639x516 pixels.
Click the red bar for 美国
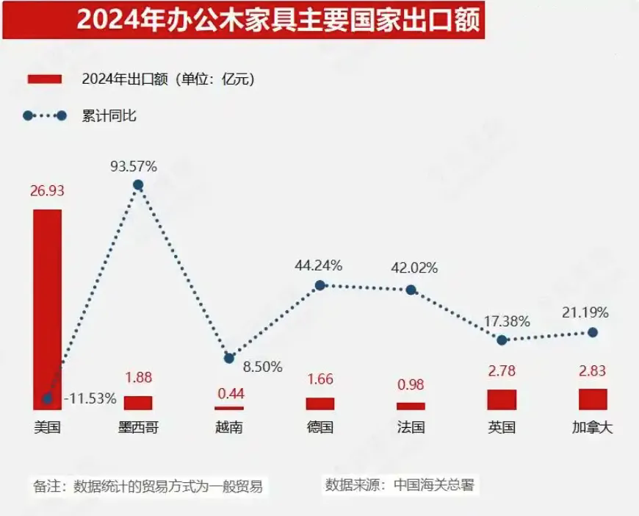(x=48, y=309)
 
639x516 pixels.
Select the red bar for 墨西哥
(x=138, y=403)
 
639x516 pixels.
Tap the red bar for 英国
(x=502, y=400)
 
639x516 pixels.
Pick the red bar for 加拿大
(x=593, y=399)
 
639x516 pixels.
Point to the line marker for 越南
(x=229, y=358)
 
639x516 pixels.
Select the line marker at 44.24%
(x=320, y=285)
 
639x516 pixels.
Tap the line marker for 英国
(x=502, y=340)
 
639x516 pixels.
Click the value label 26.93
(x=48, y=191)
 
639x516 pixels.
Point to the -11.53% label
(x=90, y=399)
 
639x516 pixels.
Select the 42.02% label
(x=414, y=268)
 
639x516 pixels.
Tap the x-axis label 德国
(x=320, y=427)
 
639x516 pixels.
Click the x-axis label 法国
(x=411, y=427)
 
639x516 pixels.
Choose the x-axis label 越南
(x=229, y=427)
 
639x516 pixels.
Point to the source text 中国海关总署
(x=433, y=485)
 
